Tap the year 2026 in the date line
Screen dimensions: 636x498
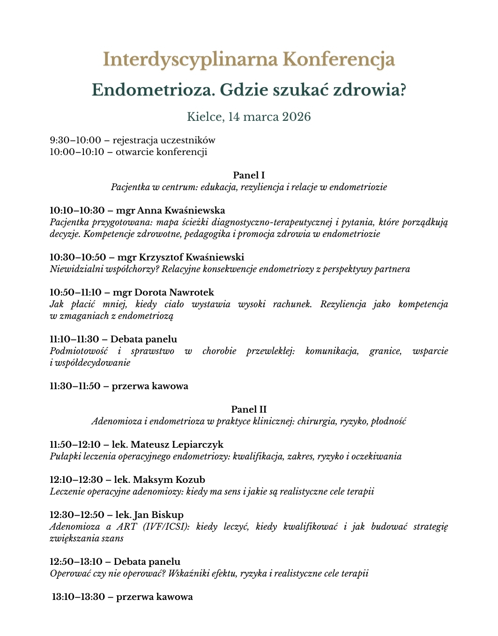tap(296, 117)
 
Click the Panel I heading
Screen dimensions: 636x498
tap(249, 175)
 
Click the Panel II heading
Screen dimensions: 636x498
tap(249, 409)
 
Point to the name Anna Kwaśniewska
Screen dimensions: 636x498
tap(181, 210)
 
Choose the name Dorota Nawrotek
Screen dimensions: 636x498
tap(174, 292)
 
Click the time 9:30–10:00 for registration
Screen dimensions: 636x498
tap(75, 140)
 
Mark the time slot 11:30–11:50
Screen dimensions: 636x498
tap(75, 386)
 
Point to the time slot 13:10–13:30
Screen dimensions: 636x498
tap(78, 597)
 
